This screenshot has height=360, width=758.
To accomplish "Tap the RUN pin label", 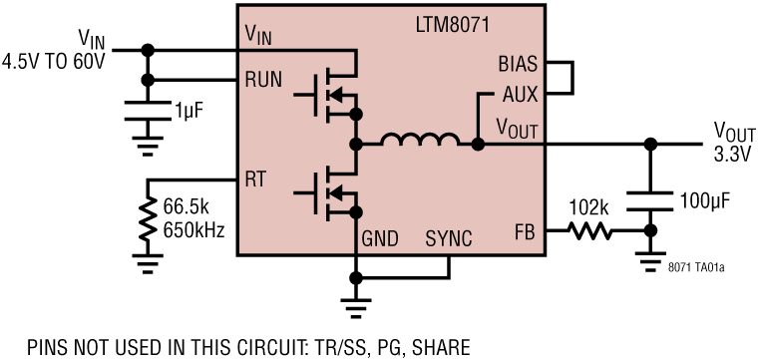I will coord(263,80).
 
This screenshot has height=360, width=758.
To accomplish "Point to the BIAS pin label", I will coord(518,65).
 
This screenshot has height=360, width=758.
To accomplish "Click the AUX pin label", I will coord(519,96).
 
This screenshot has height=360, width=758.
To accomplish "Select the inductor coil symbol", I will coord(419,143).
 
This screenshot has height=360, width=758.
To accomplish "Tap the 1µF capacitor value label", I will coord(187,109).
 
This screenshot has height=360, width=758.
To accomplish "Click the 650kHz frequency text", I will coord(194,229).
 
